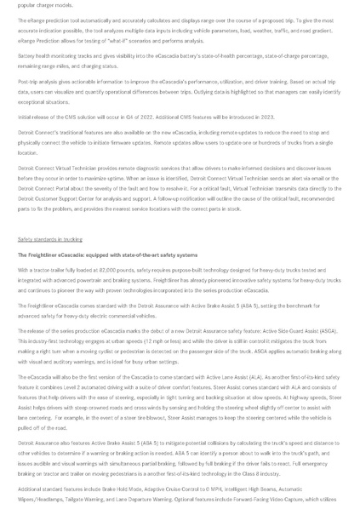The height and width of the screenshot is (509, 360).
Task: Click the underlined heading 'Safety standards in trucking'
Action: (x=49, y=239)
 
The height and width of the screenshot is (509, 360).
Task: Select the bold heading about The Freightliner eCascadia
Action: (x=107, y=254)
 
